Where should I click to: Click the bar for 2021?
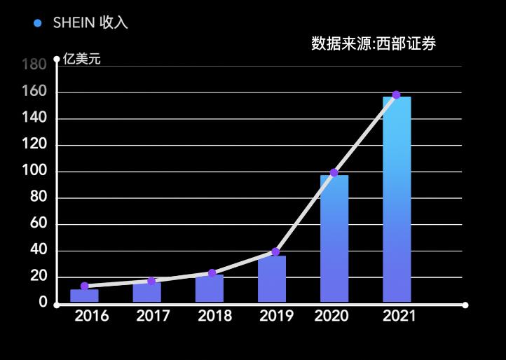(397, 200)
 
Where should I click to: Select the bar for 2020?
(334, 239)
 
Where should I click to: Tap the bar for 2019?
(272, 279)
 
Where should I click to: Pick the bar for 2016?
(84, 296)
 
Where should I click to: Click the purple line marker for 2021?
(396, 95)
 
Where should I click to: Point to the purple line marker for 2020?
(334, 172)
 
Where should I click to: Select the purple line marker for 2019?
(275, 251)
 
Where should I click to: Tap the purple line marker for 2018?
(212, 273)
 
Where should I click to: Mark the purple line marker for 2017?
(151, 281)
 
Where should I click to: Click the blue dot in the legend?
(38, 23)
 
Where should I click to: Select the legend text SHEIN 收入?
(90, 23)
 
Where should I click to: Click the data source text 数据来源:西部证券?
(374, 44)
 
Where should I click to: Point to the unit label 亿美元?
(82, 59)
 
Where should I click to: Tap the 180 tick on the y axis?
(34, 65)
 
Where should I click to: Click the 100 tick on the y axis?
(34, 172)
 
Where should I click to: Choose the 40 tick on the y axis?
(38, 251)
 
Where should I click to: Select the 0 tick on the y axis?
(43, 303)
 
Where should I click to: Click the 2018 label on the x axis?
(215, 317)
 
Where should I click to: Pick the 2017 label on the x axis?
(153, 317)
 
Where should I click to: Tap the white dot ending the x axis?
(465, 305)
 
